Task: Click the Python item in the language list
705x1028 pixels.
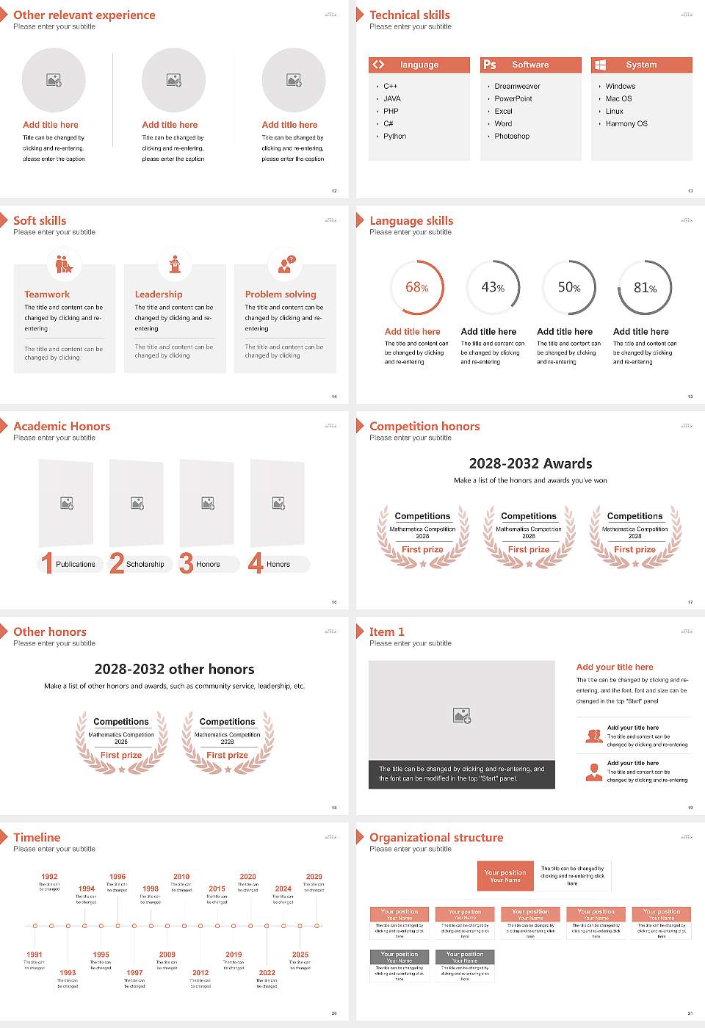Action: (x=394, y=136)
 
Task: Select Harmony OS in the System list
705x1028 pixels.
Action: (x=626, y=123)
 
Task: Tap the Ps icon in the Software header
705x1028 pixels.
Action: (x=490, y=65)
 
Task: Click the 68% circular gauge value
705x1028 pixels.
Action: (x=416, y=287)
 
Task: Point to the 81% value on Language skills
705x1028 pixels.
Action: (x=645, y=288)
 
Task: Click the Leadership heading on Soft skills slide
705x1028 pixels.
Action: (x=159, y=294)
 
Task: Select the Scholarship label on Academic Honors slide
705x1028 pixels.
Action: (x=145, y=564)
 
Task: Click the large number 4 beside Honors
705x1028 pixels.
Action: (x=256, y=563)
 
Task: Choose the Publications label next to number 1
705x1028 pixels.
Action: (x=76, y=564)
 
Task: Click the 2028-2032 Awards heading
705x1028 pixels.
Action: (x=530, y=463)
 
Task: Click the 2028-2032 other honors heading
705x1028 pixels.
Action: (x=174, y=669)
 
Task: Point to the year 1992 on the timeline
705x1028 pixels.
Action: (x=49, y=876)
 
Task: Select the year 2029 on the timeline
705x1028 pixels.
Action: (x=314, y=876)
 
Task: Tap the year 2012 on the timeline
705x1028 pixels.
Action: (x=200, y=972)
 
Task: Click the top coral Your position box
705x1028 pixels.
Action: (x=505, y=876)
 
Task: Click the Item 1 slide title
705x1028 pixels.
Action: (x=386, y=631)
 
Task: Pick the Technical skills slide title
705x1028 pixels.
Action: (x=409, y=15)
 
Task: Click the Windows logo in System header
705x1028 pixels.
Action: (x=600, y=65)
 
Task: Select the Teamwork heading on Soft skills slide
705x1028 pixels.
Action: (x=47, y=294)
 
